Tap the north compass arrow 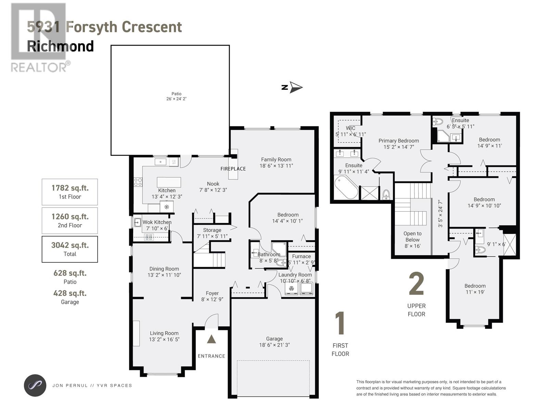point(295,87)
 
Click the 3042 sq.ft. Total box point(70,249)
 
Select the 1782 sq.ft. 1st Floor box point(70,192)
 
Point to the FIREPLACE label point(233,169)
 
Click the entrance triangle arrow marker point(211,339)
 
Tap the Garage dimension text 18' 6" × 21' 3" point(274,345)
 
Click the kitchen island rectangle point(169,182)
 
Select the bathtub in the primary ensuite point(346,187)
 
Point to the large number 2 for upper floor point(416,284)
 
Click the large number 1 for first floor point(340,323)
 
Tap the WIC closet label point(350,128)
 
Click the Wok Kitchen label point(157,222)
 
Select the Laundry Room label point(295,275)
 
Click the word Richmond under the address point(60,46)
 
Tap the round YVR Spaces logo point(35,385)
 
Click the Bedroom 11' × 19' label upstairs point(475,289)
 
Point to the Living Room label point(164,333)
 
